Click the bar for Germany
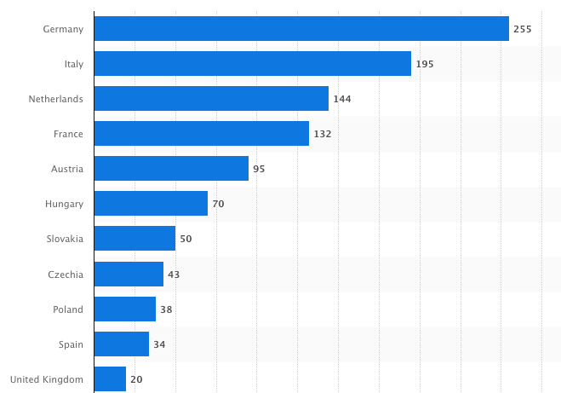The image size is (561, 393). coord(301,29)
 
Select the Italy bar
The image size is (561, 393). coord(253,64)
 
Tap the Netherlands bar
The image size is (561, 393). coord(211,99)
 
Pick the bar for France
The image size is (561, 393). coord(202,134)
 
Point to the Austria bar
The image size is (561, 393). coord(171,169)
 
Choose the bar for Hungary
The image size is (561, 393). coord(151,204)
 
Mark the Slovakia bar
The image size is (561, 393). coord(135,239)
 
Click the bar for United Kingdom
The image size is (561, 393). coord(110,379)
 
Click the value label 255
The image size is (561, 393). coord(522,29)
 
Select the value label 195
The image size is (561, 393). coord(425,64)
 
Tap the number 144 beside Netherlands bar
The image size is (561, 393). coord(342,99)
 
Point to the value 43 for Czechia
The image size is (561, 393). coord(174,275)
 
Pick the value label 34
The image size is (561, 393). coord(159,344)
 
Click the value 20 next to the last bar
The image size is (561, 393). coord(136,379)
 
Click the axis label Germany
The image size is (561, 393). coord(63,29)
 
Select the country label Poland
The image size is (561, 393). coord(68,309)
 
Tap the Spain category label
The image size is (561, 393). coord(70,344)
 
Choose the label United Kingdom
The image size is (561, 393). coord(46,379)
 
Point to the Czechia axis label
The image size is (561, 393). coord(66,275)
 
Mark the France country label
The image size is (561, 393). coord(67,134)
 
